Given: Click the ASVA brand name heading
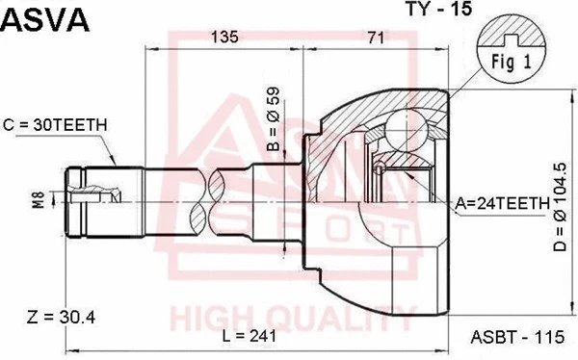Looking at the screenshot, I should [x=44, y=20].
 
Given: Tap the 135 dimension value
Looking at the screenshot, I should [x=223, y=38].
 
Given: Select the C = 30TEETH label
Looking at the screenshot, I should [x=55, y=124].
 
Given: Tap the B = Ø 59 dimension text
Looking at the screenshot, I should [x=273, y=120].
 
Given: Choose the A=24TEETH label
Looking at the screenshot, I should [x=502, y=203].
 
